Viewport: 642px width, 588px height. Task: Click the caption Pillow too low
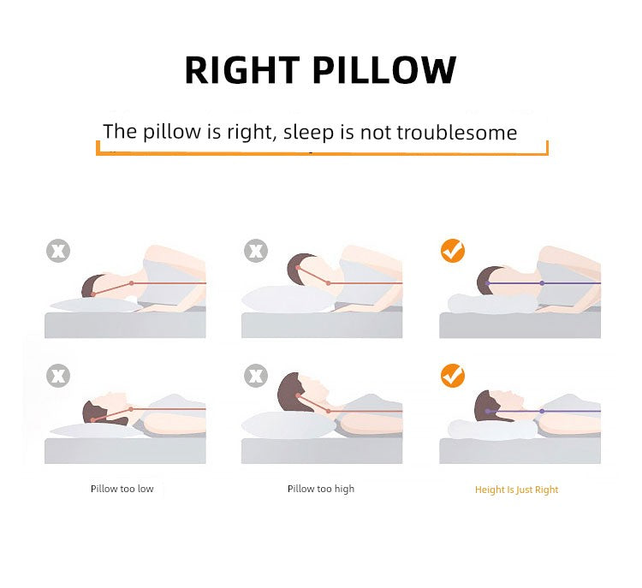tap(122, 489)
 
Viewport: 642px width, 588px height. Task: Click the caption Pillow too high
tap(321, 489)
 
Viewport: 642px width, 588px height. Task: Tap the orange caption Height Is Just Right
tap(516, 490)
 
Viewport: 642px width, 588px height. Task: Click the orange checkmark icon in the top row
tap(452, 251)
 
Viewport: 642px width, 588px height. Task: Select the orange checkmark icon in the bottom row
tap(452, 376)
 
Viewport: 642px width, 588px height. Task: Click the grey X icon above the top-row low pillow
tap(58, 251)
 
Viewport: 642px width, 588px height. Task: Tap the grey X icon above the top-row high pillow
tap(255, 251)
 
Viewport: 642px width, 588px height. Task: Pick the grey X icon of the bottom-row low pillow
tap(58, 376)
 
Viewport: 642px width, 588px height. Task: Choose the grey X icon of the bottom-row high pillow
tap(255, 376)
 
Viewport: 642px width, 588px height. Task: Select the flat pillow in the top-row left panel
tap(90, 303)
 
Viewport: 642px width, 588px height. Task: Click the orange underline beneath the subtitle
tap(322, 155)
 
